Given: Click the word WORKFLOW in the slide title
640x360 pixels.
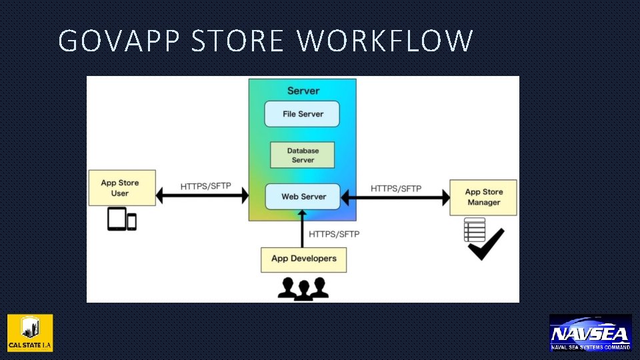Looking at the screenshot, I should [385, 41].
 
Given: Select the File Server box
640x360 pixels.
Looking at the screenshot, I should [302, 114].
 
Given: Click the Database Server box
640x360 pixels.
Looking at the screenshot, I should [302, 155].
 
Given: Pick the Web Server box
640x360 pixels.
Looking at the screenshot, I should [303, 197].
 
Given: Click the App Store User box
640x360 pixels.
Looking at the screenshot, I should [122, 188].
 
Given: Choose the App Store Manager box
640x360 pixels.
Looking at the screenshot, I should [483, 197].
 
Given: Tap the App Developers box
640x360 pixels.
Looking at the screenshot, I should [303, 259].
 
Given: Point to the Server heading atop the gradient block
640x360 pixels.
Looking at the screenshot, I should [303, 91].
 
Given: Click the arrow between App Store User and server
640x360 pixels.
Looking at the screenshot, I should [202, 196].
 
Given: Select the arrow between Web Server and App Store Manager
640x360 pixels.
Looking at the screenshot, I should [395, 197].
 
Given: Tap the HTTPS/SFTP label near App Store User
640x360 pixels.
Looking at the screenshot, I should [205, 186].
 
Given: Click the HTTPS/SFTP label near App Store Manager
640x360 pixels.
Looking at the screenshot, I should [396, 188].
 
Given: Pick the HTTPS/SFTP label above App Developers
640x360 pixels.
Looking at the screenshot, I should [334, 234].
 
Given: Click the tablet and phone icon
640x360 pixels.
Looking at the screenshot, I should [122, 219].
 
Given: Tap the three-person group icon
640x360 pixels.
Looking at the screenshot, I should [303, 288].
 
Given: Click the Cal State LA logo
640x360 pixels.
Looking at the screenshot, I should [30, 333].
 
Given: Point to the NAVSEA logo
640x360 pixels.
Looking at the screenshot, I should [590, 333].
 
